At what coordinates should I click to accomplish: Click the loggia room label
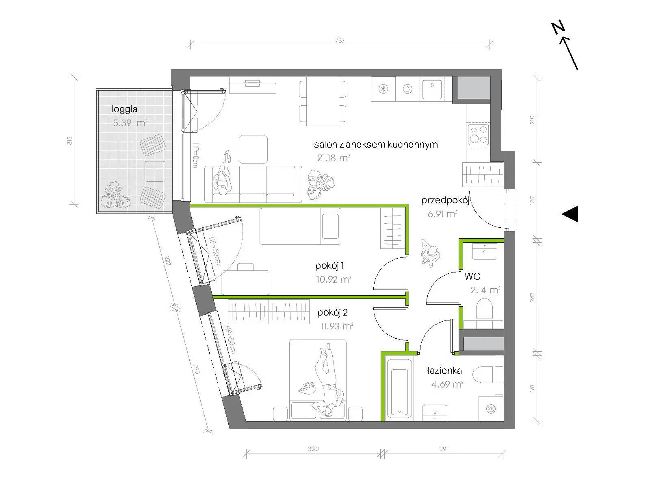click(124, 109)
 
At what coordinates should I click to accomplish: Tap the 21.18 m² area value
click(334, 158)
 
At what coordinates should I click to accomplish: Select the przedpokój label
click(445, 201)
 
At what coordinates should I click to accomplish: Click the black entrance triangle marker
click(570, 213)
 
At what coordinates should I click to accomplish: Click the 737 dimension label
click(340, 40)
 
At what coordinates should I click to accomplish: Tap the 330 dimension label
click(313, 449)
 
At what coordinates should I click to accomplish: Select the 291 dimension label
click(443, 449)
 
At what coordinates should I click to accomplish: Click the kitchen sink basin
click(432, 89)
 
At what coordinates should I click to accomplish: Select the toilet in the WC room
click(484, 308)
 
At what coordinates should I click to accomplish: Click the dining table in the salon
click(323, 101)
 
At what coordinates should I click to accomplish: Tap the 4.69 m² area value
click(447, 385)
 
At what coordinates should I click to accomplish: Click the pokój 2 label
click(332, 313)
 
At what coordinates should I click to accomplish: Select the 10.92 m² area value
click(334, 279)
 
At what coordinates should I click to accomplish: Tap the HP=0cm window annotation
click(195, 155)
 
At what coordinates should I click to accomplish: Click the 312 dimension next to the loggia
click(69, 140)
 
